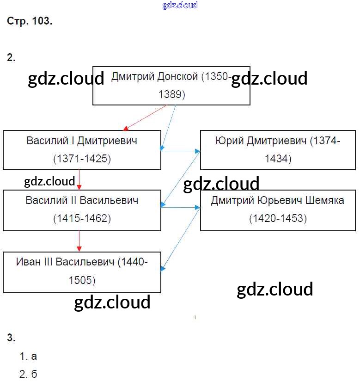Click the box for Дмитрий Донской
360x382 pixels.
[171, 86]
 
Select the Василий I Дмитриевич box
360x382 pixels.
[82, 150]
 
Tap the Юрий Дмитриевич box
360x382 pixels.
[278, 150]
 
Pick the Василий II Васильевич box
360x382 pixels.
[82, 210]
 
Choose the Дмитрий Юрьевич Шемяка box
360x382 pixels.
[278, 210]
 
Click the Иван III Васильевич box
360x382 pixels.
[82, 272]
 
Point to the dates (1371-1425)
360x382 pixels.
[82, 159]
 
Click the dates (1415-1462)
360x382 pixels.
[82, 218]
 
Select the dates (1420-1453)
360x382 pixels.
[278, 218]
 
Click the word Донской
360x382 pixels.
[178, 77]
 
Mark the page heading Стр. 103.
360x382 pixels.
[30, 22]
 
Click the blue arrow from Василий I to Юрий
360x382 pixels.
[180, 150]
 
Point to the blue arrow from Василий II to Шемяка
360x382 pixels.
[180, 208]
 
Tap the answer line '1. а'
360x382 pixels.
[28, 357]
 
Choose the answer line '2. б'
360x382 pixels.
[28, 374]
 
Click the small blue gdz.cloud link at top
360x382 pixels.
[180, 5]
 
